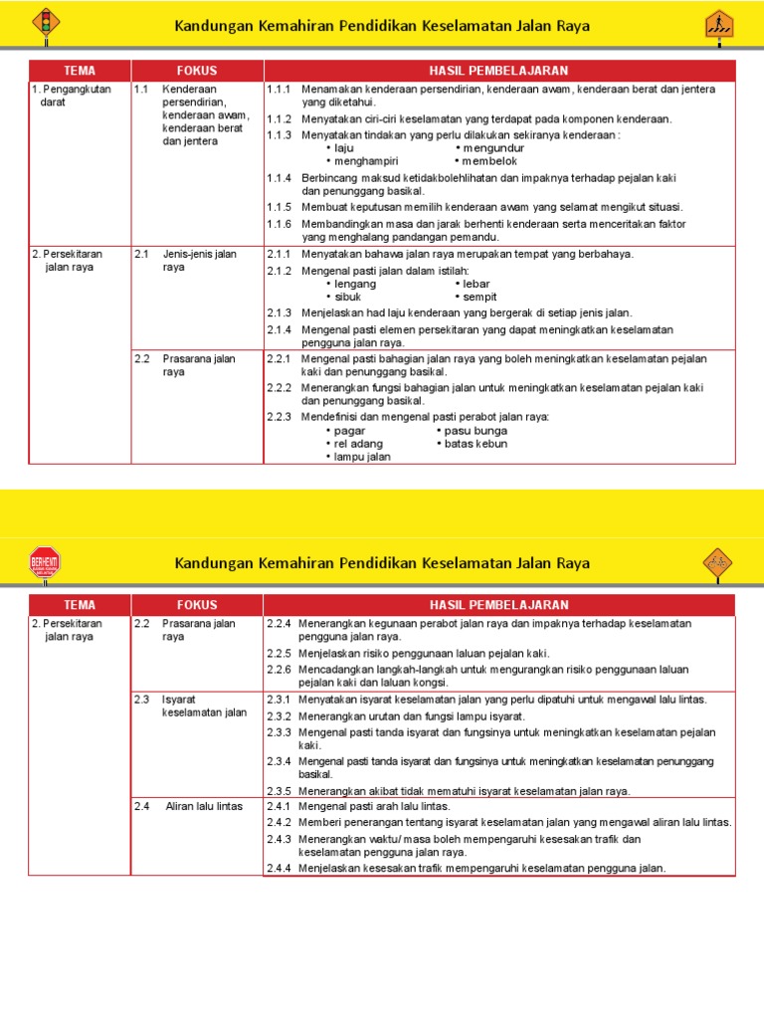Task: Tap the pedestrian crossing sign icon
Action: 717,24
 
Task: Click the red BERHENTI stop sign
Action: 45,563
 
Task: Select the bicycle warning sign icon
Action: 717,563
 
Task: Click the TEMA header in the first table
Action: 80,71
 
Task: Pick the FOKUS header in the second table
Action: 197,605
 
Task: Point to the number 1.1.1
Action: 279,90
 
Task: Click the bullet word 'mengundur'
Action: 491,148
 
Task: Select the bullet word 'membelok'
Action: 489,160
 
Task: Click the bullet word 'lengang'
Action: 355,284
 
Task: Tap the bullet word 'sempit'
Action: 479,297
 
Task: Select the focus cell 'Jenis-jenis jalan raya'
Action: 199,261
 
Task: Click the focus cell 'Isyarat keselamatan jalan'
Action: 203,706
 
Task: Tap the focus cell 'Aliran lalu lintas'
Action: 204,806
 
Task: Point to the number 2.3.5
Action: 279,791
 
